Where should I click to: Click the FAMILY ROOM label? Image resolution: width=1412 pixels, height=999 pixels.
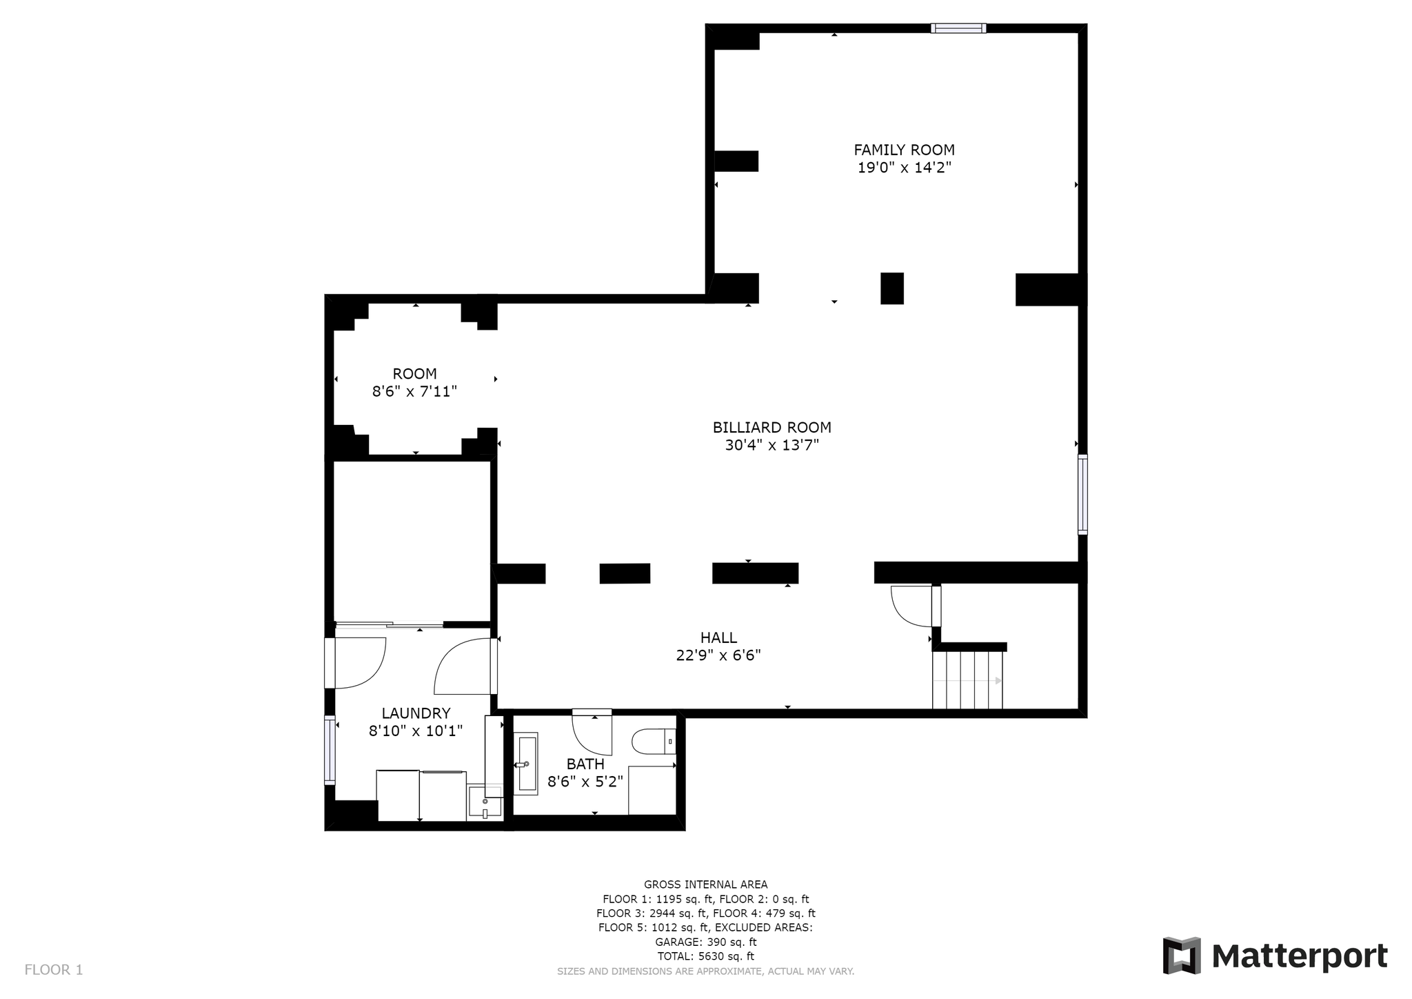tap(904, 150)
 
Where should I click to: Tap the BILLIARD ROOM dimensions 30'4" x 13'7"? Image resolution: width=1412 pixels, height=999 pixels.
tap(771, 445)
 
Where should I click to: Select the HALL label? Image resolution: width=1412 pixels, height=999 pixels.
tap(718, 637)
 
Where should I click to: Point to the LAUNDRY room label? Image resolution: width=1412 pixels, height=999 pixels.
tap(416, 713)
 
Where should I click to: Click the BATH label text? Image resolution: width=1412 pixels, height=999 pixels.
tap(585, 764)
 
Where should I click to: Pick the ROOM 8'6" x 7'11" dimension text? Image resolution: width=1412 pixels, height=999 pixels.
tap(414, 392)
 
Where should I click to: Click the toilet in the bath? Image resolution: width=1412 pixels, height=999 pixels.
tap(654, 742)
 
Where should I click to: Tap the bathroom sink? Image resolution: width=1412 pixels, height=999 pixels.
tap(526, 764)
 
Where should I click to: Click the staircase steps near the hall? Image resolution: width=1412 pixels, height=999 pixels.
tap(967, 680)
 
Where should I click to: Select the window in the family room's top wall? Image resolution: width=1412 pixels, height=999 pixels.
tap(958, 28)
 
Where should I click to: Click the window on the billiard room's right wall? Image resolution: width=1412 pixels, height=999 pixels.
tap(1082, 494)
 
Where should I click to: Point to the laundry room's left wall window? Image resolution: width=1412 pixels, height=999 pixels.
tap(330, 750)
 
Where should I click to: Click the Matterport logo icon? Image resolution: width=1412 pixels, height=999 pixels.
tap(1182, 956)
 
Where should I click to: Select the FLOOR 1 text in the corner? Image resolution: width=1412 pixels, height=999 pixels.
tap(54, 970)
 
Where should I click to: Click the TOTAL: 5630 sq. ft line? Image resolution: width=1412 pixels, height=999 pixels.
tap(705, 956)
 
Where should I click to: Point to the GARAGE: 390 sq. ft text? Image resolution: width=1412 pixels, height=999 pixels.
tap(705, 942)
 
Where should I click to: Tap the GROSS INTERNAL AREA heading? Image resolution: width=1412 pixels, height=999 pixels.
tap(705, 884)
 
